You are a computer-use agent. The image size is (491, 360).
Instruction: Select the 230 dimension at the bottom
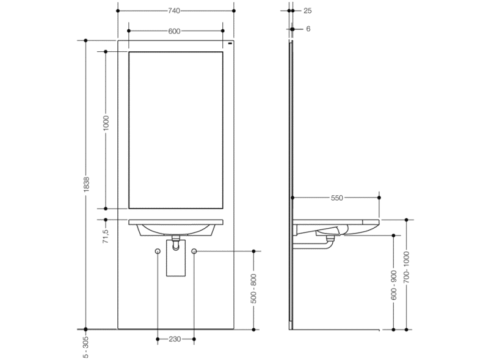175,339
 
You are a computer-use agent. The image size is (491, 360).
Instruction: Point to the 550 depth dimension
336,198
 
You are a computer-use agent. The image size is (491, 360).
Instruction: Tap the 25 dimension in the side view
307,11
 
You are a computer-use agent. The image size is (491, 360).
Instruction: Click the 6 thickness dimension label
308,29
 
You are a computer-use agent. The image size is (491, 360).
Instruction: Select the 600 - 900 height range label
394,284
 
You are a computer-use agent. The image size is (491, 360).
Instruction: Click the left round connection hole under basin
158,251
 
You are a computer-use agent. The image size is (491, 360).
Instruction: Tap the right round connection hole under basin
194,251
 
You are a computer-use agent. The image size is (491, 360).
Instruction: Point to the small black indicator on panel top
230,44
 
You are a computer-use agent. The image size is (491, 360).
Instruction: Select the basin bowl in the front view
175,229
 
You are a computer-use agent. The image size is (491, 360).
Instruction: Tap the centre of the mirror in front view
176,130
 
